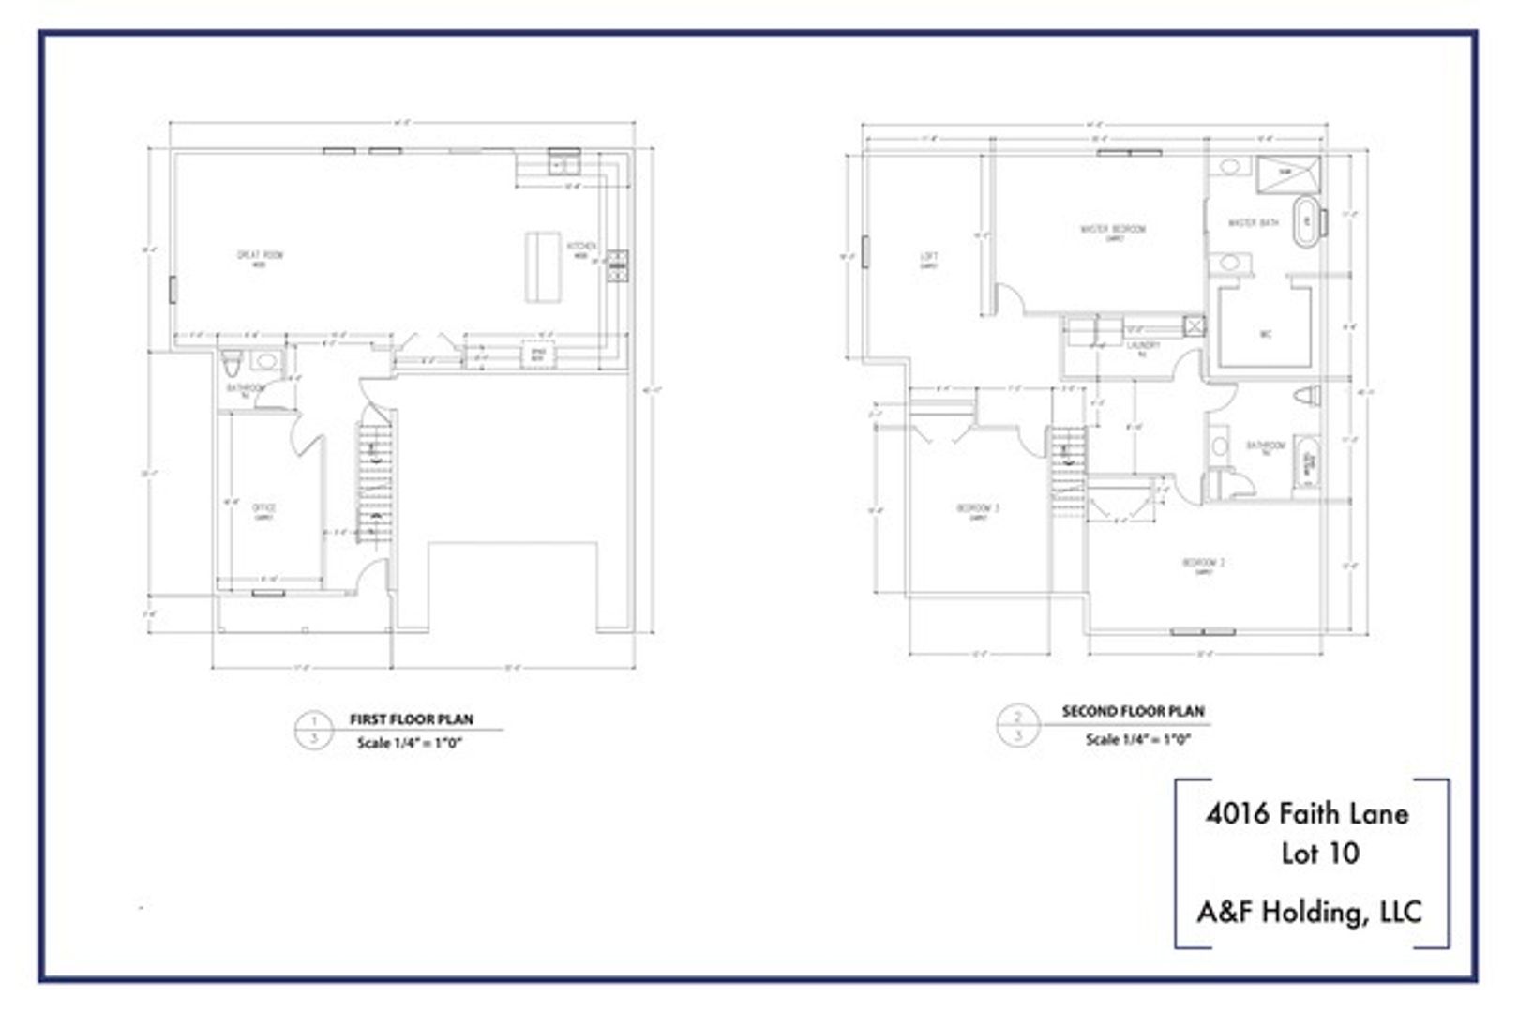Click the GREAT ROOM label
coord(260,255)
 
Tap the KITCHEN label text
coord(580,247)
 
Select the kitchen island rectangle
coord(542,267)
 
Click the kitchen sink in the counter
coord(564,164)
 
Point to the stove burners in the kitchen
coord(617,266)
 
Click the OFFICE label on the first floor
coord(263,509)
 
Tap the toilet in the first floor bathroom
coord(232,361)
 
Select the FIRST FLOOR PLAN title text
coord(411,719)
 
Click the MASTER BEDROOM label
coord(1112,230)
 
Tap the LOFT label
coord(928,257)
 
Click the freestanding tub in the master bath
coord(1304,221)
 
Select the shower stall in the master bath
coord(1287,173)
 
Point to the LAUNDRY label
coord(1143,346)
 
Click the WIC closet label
coord(1265,334)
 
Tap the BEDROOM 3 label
coord(977,509)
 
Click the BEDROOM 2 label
coord(1203,564)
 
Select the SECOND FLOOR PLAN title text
coord(1133,711)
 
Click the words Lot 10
coord(1319,854)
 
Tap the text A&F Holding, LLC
coord(1309,911)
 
